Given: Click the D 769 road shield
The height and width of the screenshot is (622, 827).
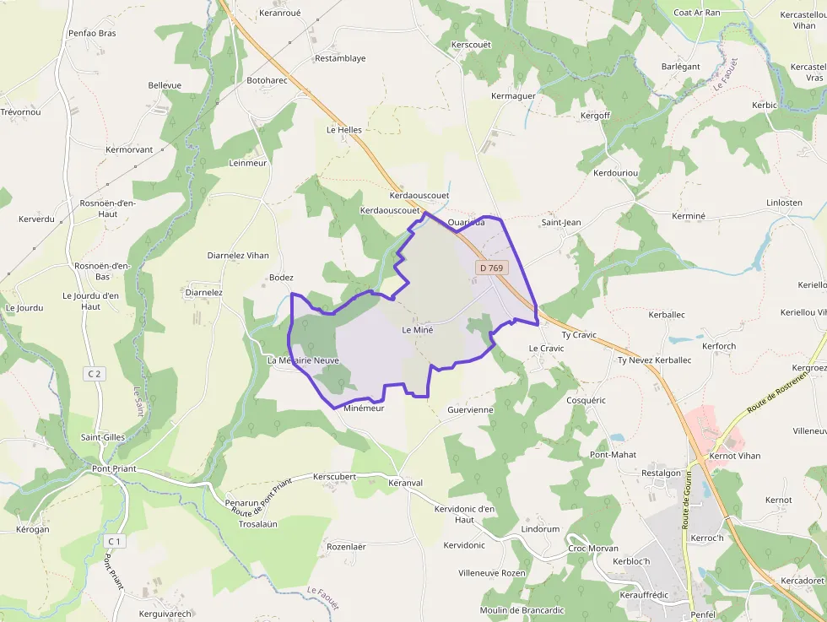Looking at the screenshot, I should tap(490, 268).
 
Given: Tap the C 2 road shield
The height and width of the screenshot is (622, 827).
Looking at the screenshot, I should tap(94, 373).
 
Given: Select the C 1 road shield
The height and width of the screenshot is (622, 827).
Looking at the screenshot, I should tap(115, 540).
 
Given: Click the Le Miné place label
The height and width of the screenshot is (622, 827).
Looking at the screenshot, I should tap(418, 330).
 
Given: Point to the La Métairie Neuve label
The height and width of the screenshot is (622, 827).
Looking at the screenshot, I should tap(303, 360).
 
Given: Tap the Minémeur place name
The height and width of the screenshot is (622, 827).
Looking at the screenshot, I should tap(364, 408).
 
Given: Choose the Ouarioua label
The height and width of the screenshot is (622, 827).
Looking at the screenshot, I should tap(467, 223).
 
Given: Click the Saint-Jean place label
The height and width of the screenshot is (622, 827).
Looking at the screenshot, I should tap(560, 223).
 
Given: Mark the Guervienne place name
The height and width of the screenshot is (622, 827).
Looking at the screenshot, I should tap(470, 409).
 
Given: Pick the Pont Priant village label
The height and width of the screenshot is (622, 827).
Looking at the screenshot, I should tap(114, 469).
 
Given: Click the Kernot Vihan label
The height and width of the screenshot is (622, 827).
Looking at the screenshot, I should tap(735, 456).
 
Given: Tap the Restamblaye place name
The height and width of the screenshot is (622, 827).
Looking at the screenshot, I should tap(340, 59).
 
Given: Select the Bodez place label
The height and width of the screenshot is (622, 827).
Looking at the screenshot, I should tap(280, 278).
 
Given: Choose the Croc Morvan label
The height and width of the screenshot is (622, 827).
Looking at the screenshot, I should tap(593, 549).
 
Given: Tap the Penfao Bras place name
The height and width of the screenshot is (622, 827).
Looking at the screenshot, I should tap(92, 34).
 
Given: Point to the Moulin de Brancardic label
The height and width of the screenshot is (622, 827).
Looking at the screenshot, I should tap(521, 610).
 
